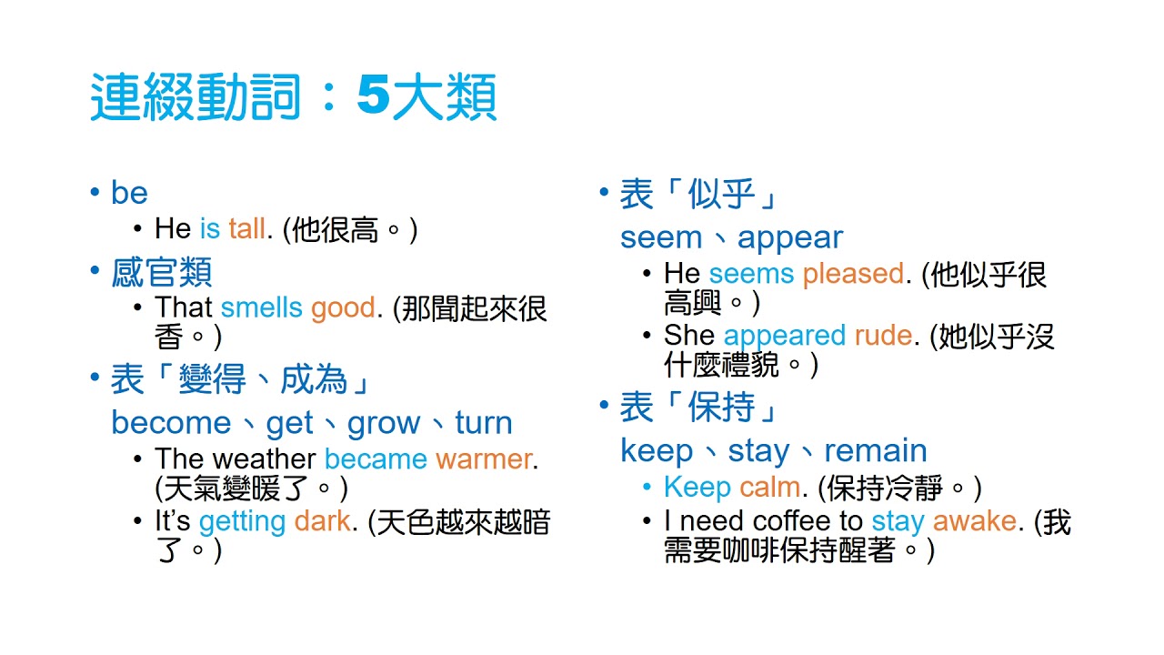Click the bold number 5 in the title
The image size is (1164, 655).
coord(372,97)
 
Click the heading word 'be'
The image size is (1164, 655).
coord(129,193)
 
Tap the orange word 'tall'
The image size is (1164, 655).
coord(246,228)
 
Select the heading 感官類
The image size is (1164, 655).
coord(162,272)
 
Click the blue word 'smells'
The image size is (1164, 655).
coord(261,307)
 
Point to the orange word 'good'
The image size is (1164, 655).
coord(343,307)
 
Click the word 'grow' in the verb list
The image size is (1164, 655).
coord(383,423)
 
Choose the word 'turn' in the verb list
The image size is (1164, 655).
coord(484,423)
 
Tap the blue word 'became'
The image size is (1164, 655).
coord(376,458)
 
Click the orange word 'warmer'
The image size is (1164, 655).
coord(483,458)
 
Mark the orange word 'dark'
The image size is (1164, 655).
coord(322,521)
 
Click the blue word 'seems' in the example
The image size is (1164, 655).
coord(751,273)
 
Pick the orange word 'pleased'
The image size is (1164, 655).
coord(853,273)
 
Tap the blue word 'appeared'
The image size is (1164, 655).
coord(784,336)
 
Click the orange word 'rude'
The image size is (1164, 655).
coord(883,336)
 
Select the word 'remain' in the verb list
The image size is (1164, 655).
coord(876,450)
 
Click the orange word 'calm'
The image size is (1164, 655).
coord(769,487)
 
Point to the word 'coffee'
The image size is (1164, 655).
coord(789,521)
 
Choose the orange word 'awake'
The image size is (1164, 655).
coord(974,521)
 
